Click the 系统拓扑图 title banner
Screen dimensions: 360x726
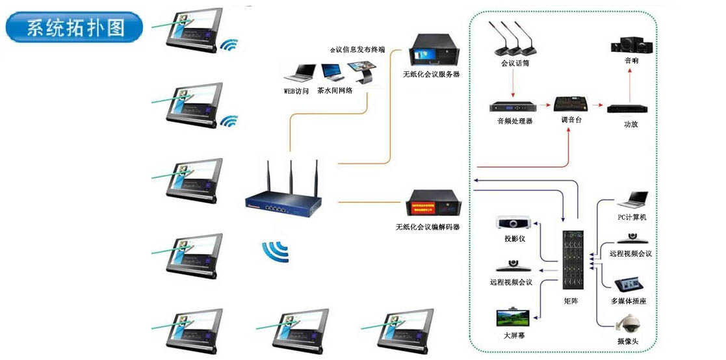click(74, 27)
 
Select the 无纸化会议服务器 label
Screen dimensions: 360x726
click(431, 75)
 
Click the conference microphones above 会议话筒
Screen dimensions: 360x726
click(513, 40)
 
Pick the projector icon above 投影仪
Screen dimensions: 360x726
click(515, 222)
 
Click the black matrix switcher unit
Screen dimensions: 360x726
click(571, 260)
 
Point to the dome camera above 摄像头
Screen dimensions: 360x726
click(628, 324)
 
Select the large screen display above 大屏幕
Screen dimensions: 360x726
click(514, 318)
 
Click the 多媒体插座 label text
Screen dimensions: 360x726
click(628, 302)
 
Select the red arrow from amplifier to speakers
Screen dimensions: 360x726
click(629, 81)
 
